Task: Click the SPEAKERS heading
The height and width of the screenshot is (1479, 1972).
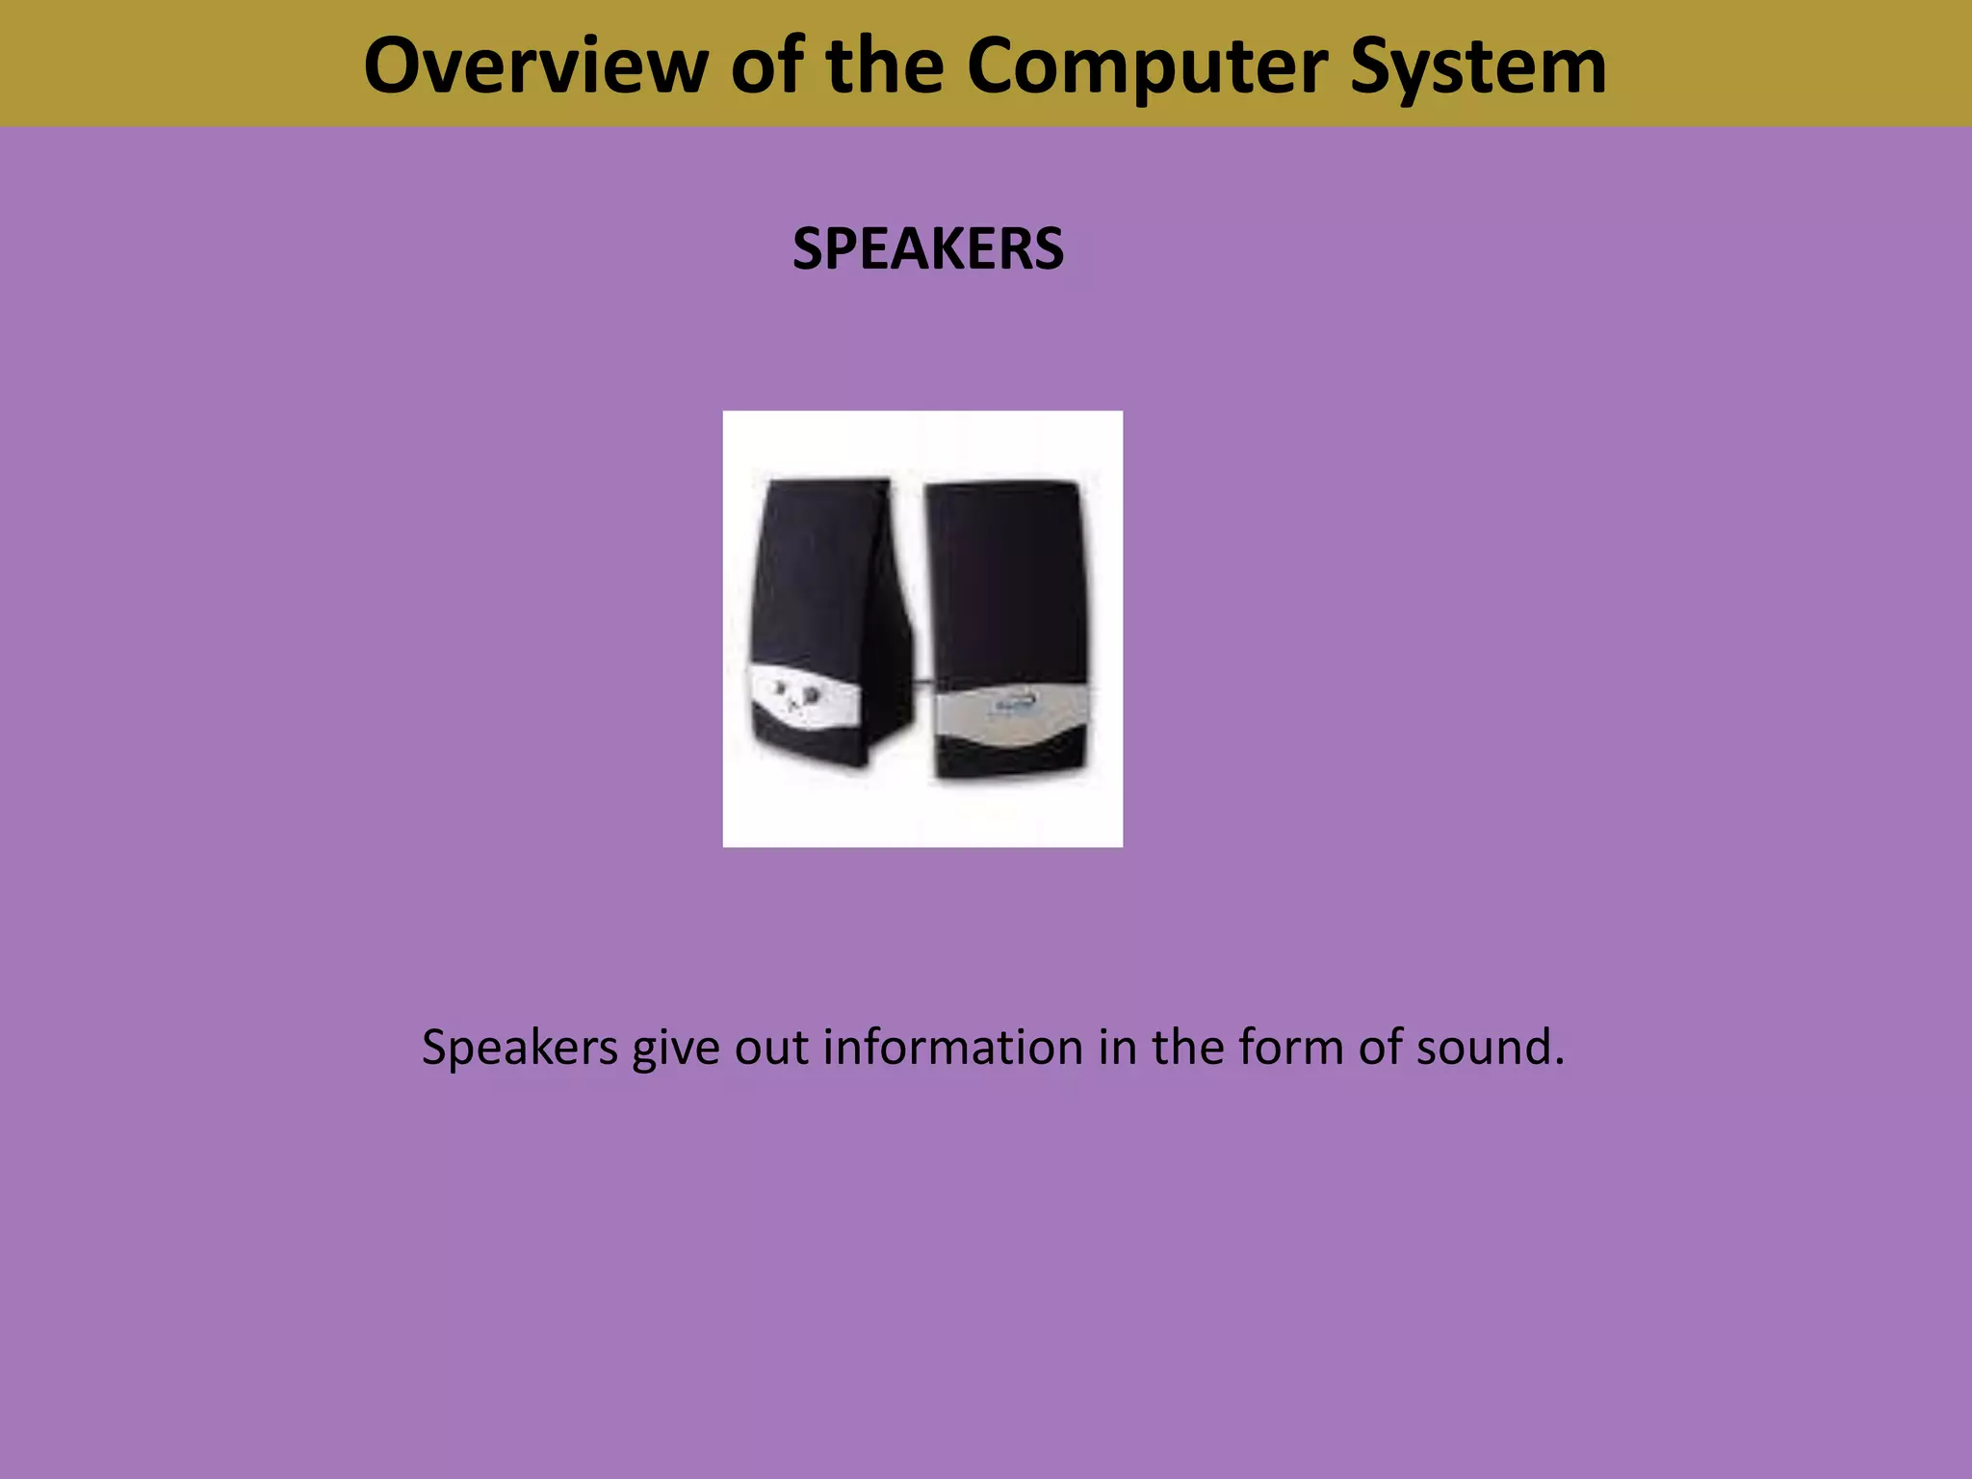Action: [927, 249]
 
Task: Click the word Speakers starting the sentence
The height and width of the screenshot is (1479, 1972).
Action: [519, 1047]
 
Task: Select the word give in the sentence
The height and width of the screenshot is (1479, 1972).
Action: [675, 1047]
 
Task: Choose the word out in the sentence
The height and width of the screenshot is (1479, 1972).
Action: [770, 1047]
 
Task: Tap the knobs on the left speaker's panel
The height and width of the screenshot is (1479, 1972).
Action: [795, 692]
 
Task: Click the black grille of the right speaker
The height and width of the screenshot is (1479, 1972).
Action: [1005, 578]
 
